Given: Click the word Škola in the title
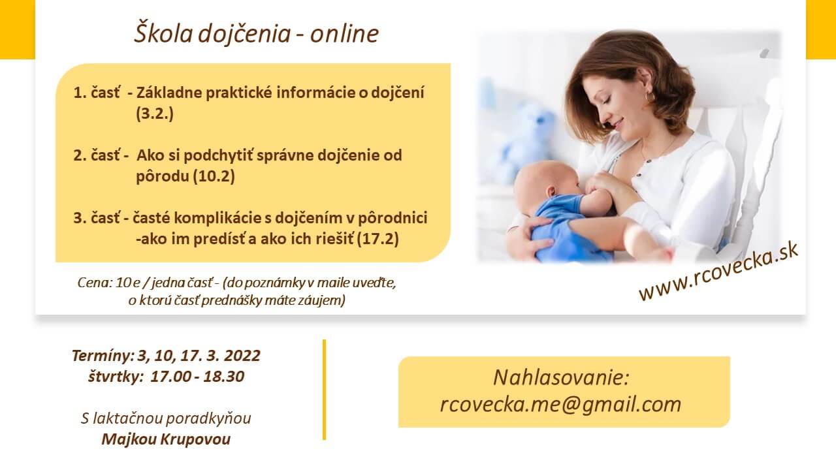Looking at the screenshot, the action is pos(163,33).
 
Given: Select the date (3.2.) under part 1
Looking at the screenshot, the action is pos(155,114).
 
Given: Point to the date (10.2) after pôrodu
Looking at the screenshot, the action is pos(214,176).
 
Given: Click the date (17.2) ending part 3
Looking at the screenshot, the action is pos(378,239).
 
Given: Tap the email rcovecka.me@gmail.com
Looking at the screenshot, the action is pos(560,404).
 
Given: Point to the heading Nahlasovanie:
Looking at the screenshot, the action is pos(561,377).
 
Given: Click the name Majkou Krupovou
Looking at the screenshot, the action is pos(166,439).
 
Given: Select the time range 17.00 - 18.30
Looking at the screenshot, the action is pos(197,377).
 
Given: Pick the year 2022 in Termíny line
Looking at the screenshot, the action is pos(242,356).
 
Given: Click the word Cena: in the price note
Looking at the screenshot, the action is pos(95,283).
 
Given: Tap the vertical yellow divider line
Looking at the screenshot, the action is pos(325,390).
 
